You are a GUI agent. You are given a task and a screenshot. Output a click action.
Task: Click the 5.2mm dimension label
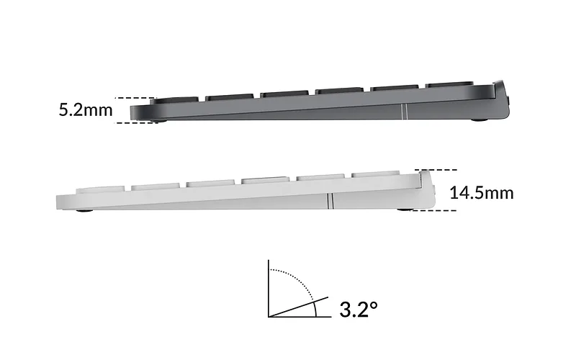coord(86,110)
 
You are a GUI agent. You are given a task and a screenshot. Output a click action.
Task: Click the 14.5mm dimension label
coord(482,193)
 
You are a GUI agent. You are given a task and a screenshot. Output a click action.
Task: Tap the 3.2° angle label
coord(358,309)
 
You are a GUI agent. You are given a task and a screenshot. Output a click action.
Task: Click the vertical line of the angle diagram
coord(269,289)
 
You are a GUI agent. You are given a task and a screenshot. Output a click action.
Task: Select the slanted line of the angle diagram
coord(298,307)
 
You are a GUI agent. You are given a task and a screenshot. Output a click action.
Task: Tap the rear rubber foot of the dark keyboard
coord(480,120)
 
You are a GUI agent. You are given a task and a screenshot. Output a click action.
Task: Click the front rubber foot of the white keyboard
coord(84,210)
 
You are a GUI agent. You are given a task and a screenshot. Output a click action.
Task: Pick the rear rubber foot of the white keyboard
coord(406,210)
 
